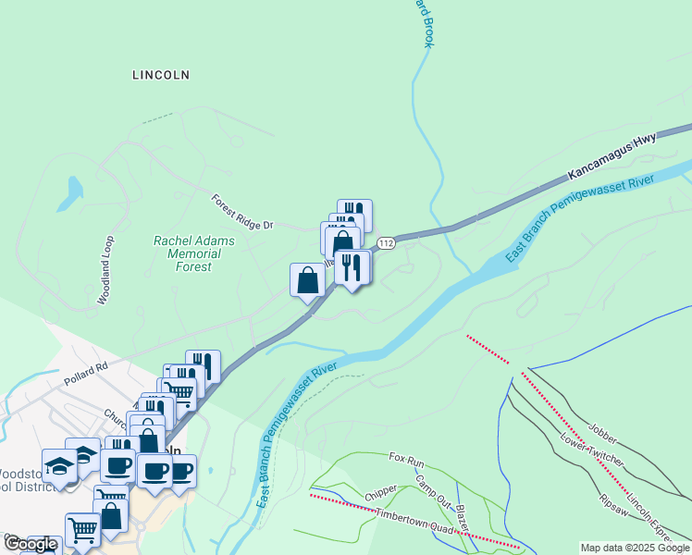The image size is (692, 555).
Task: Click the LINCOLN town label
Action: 161,75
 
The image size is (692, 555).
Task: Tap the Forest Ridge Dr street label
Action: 243,213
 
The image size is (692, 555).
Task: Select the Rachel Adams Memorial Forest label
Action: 194,253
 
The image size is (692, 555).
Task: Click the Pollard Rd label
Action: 86,373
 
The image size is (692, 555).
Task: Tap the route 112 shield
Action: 387,242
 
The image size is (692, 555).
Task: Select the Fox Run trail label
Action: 406,458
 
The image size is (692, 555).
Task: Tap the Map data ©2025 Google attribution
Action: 636,548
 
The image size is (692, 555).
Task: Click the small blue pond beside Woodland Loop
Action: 69,191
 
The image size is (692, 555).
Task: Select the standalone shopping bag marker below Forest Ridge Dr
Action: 307,280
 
